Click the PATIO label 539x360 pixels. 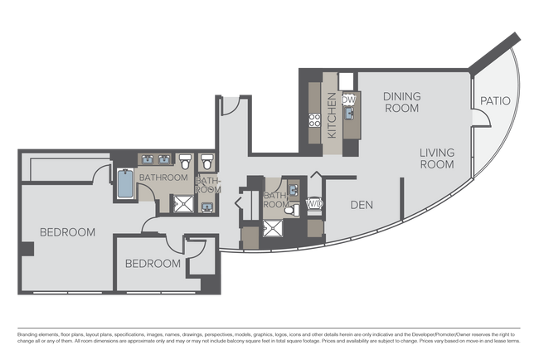(x=495, y=101)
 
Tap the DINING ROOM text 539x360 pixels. (x=401, y=102)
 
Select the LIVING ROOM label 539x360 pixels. (x=436, y=158)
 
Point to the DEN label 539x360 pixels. (x=360, y=205)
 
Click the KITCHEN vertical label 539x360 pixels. (x=332, y=115)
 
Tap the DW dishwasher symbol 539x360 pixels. (x=349, y=100)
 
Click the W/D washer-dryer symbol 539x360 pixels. (x=314, y=203)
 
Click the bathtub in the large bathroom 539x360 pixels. (x=124, y=183)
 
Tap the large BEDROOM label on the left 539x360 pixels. (x=68, y=232)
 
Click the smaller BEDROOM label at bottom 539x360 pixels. (x=153, y=264)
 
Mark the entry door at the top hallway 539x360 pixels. (x=231, y=105)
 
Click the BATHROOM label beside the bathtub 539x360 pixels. (x=163, y=178)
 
